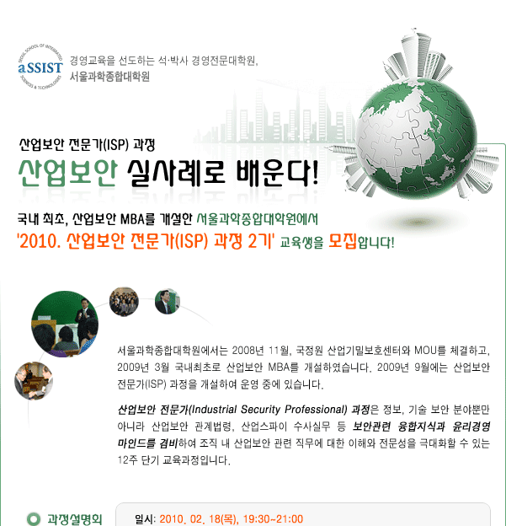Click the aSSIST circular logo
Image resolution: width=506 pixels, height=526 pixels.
40,67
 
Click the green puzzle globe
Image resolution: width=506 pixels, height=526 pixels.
416,138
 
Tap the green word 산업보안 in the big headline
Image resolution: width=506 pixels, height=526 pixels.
68,173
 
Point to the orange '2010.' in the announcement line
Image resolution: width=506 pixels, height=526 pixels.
40,241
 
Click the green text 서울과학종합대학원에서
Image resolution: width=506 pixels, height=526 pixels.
257,219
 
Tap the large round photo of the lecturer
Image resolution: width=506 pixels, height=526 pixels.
65,324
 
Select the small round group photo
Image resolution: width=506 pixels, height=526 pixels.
124,302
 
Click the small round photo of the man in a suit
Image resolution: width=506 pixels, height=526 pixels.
168,302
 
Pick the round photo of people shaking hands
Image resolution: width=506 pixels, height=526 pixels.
34,381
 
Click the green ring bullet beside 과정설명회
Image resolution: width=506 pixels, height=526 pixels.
34,519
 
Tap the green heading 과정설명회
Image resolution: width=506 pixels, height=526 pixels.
74,519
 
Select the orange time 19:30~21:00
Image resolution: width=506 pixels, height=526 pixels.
273,519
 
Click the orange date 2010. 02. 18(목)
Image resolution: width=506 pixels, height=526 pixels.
200,519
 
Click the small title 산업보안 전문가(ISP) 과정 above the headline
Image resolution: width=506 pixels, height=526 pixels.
87,145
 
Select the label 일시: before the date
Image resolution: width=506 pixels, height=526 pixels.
145,519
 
